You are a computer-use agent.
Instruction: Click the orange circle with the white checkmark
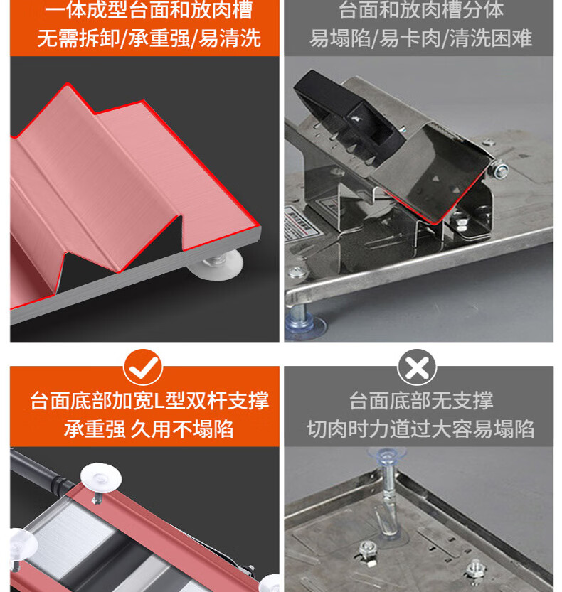143,367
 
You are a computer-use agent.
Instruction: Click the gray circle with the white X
417,367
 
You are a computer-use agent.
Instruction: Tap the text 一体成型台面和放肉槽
149,9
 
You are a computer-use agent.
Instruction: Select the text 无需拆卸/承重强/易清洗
149,38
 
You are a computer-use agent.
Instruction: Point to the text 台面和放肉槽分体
421,9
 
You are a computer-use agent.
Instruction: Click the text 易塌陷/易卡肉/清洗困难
420,38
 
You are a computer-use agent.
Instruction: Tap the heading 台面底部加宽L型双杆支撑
149,400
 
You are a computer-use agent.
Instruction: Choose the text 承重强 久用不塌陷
149,429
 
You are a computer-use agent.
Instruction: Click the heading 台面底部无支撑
420,400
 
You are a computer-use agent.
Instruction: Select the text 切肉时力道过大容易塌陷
420,429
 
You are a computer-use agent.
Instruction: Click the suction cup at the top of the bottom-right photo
386,456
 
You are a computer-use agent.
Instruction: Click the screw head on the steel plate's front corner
297,272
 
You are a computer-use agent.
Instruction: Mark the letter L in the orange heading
159,401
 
